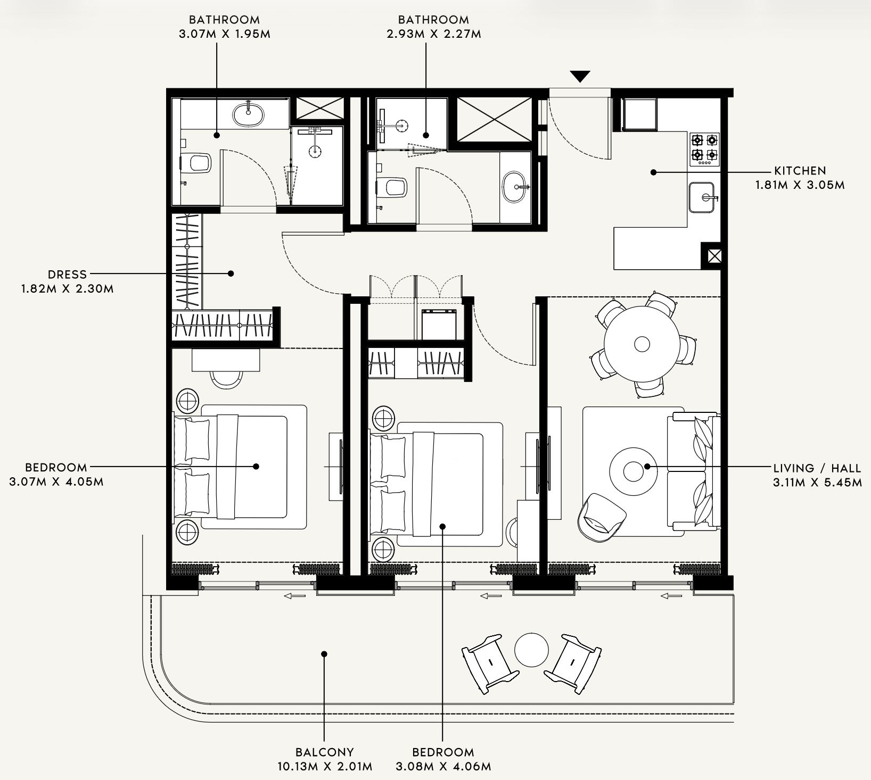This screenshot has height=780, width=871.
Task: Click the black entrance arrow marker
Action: coord(580,77)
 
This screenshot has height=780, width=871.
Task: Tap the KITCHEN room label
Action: coord(800,171)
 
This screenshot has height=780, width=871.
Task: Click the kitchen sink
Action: coord(702,197)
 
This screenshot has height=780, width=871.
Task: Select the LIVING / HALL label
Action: coord(817,468)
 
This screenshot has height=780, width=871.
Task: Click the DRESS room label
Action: coord(67,275)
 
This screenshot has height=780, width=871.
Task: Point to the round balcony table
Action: coord(531,649)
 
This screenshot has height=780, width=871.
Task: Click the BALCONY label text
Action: coord(325,752)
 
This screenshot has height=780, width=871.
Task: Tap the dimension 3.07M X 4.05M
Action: coord(56,482)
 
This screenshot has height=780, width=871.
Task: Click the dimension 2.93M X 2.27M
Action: coord(433,34)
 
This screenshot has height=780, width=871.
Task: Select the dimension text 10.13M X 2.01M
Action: coord(325,767)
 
